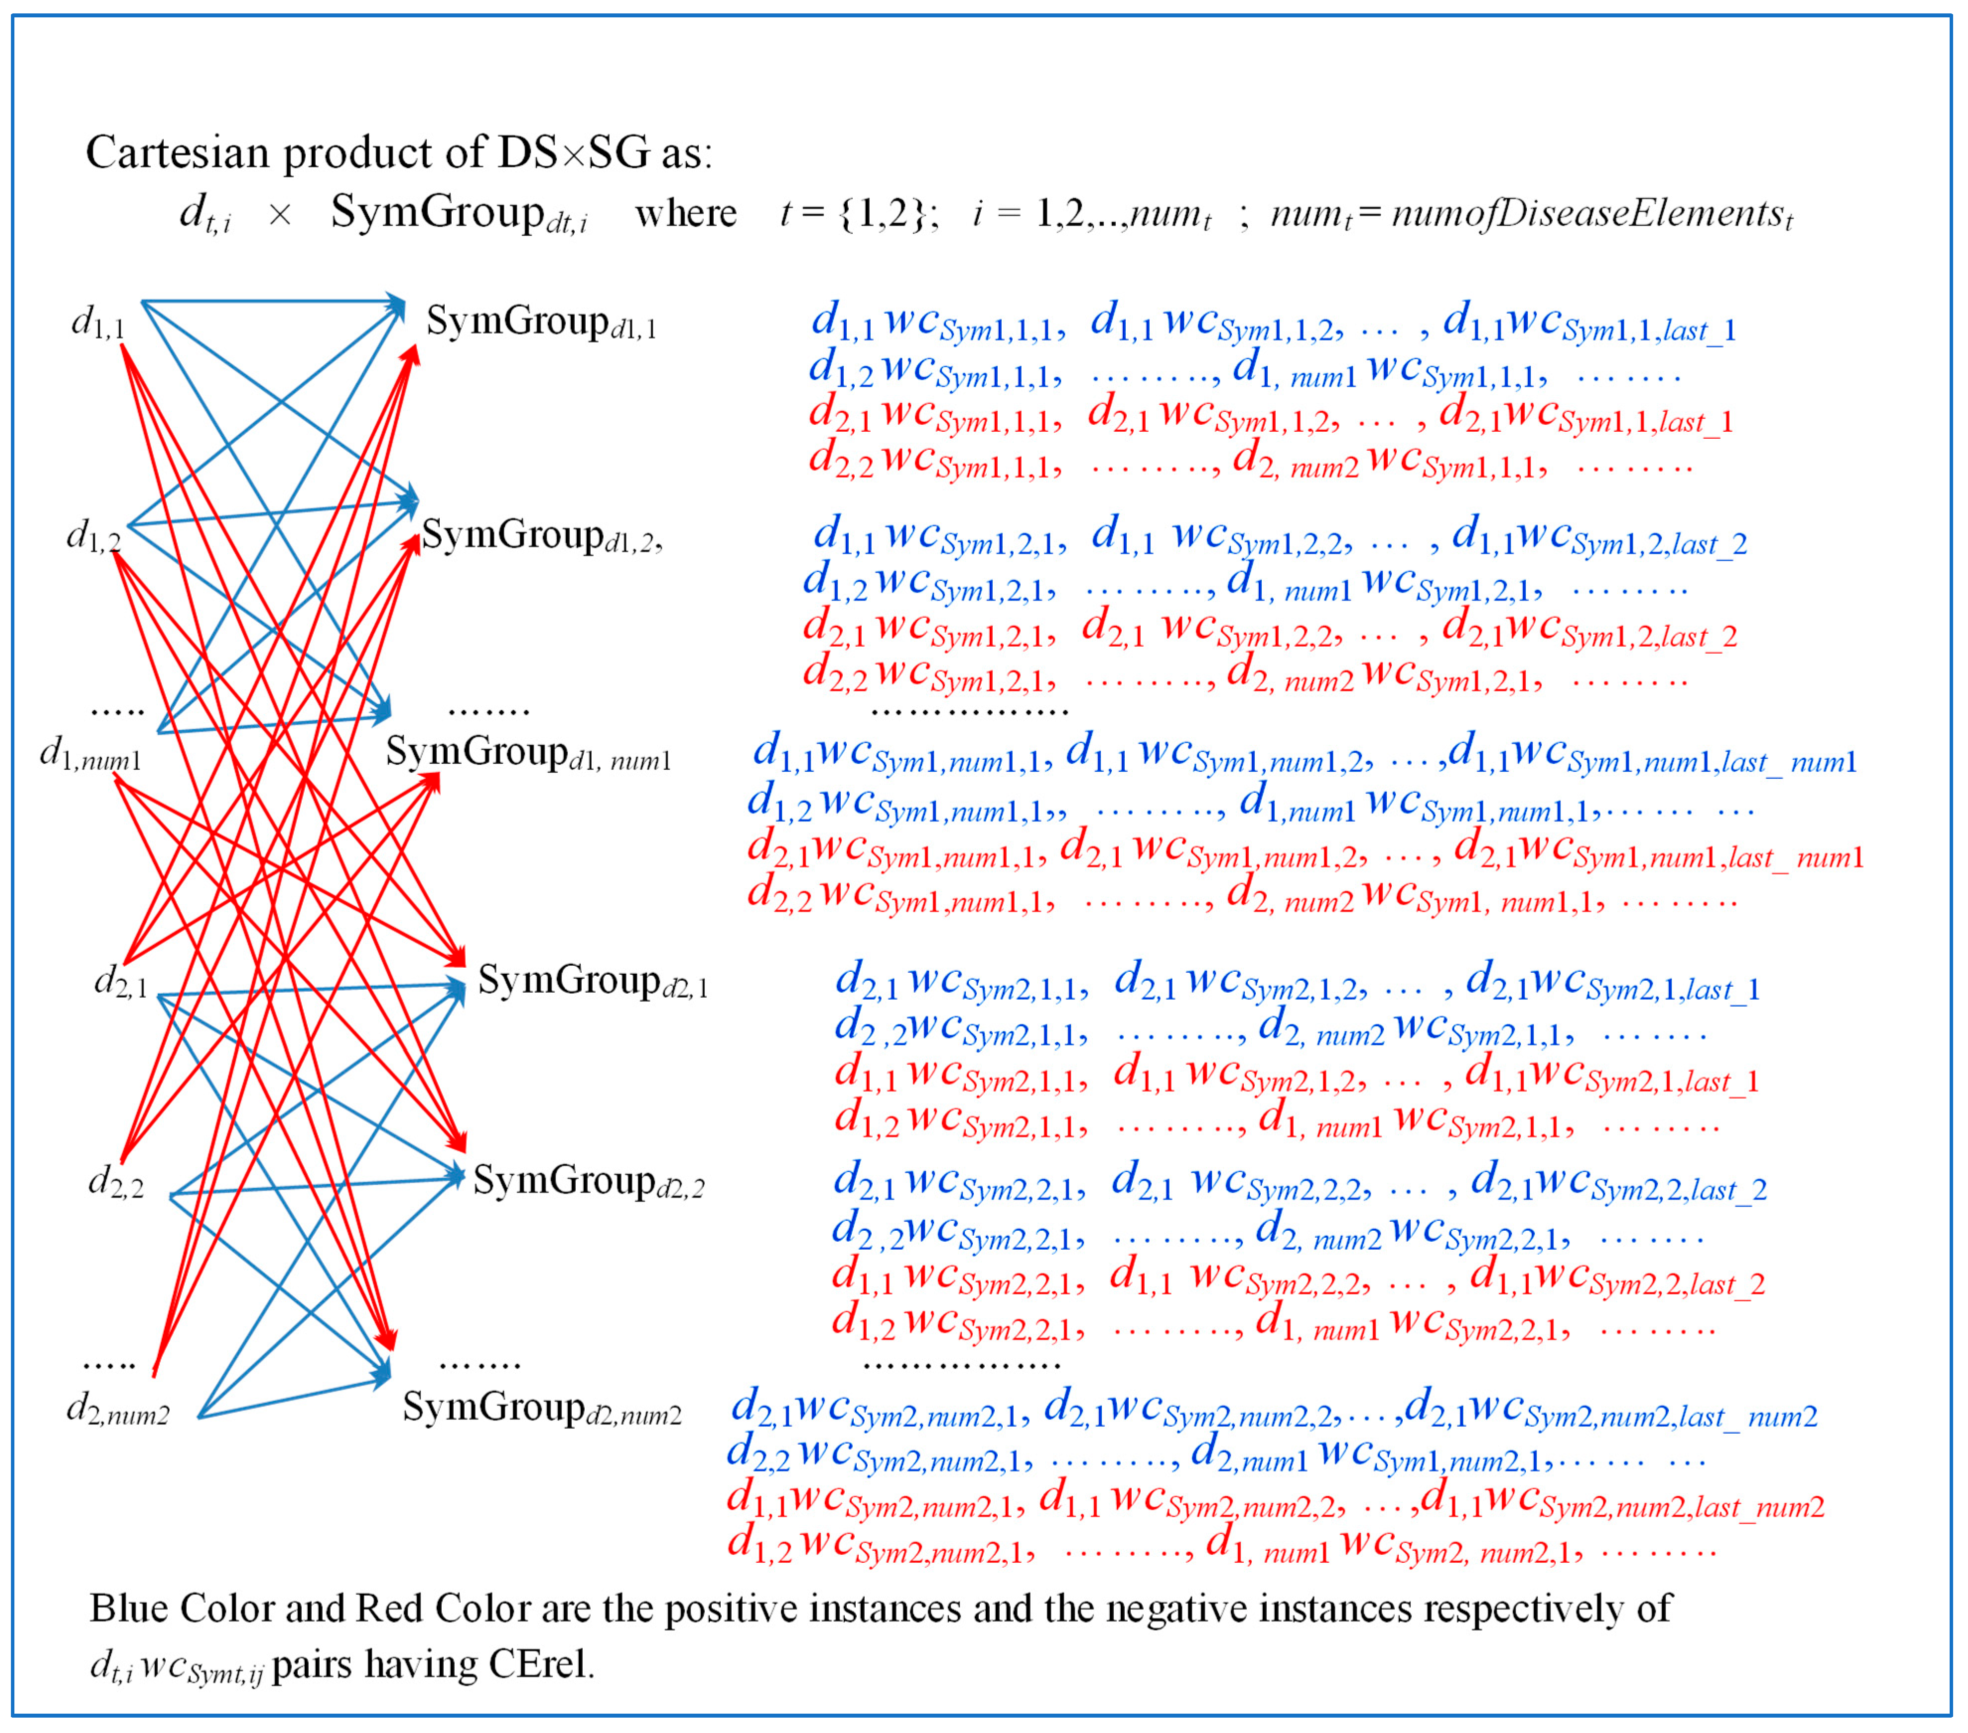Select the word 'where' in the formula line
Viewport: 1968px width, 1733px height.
pos(685,213)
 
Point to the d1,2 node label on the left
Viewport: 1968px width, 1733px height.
pos(93,534)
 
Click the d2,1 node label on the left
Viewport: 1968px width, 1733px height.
pos(120,982)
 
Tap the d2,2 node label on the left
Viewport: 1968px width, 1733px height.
pos(116,1182)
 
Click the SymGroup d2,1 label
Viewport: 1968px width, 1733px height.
pos(592,982)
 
